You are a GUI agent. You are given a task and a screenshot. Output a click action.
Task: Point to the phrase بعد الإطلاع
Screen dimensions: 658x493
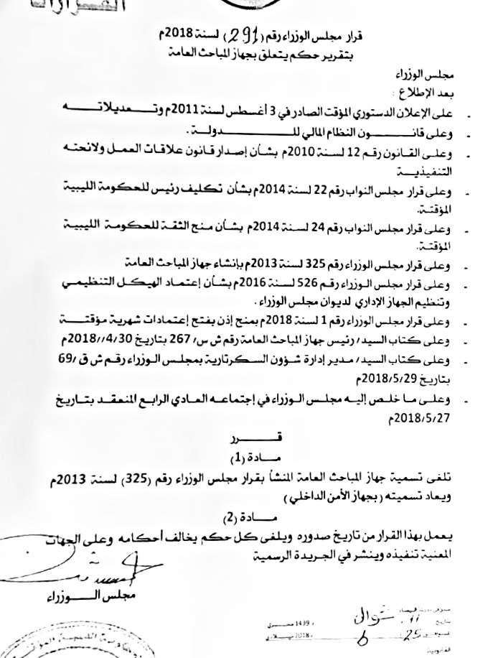pos(416,93)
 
